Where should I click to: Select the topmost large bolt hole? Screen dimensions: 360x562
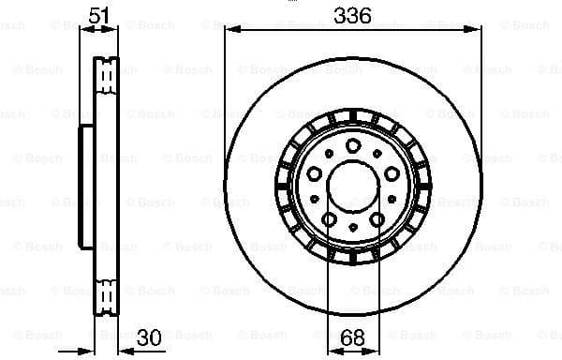(x=352, y=144)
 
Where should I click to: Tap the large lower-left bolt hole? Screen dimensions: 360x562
(x=330, y=218)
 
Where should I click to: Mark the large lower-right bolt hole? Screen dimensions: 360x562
(x=374, y=218)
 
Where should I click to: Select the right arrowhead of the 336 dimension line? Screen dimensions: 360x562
(x=473, y=31)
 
